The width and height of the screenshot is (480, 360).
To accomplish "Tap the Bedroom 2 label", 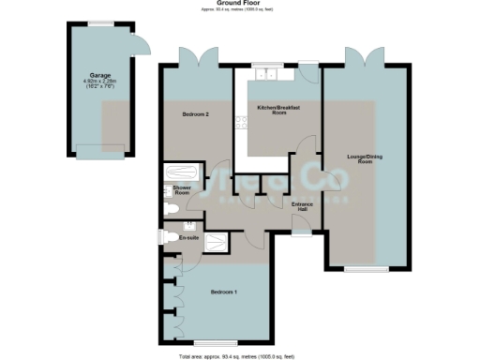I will [x=194, y=113].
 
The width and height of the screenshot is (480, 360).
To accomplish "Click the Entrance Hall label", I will [x=302, y=204].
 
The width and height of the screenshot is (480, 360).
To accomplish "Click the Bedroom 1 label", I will [x=223, y=292].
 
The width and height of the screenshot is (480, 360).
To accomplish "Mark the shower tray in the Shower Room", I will [x=179, y=174].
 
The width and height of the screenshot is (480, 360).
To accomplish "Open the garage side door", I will [x=138, y=41].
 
